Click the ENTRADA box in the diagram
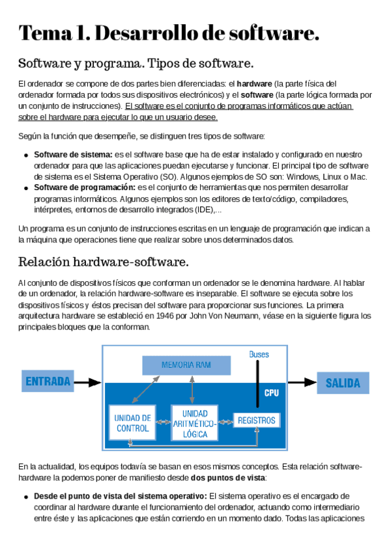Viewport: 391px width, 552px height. point(49,381)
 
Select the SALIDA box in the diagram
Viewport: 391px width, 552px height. point(343,383)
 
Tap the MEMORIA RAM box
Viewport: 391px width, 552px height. point(186,365)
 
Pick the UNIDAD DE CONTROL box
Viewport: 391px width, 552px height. point(133,423)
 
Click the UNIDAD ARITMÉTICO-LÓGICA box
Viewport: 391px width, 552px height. point(195,423)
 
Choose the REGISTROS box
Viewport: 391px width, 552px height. point(257,421)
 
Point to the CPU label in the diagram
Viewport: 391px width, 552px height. point(271,393)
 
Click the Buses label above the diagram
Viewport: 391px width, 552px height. point(259,354)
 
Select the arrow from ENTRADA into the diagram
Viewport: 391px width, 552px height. point(89,383)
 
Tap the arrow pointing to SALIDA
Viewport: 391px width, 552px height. point(302,383)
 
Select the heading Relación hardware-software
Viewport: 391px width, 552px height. point(104,262)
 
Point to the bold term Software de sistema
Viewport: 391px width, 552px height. point(73,155)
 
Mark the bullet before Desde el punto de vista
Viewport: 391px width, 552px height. point(25,496)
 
